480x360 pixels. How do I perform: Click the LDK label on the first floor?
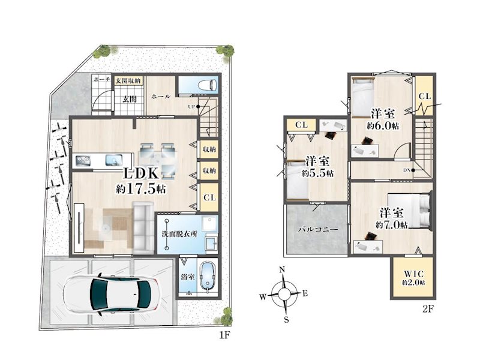click(x=141, y=173)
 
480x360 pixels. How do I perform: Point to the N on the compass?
click(x=282, y=269)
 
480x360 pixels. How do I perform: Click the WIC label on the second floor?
click(x=413, y=274)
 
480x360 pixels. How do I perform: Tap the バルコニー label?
click(x=318, y=230)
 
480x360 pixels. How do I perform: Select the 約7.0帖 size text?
click(x=392, y=226)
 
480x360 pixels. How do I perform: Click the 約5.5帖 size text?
click(x=317, y=173)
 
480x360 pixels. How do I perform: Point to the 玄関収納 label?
click(x=128, y=80)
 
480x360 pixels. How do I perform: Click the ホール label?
click(x=161, y=97)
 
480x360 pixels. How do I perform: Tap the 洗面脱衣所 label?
click(x=179, y=234)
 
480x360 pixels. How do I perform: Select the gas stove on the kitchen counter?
click(x=83, y=160)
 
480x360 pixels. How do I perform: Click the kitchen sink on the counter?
click(x=114, y=160)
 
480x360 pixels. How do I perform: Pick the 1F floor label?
click(x=224, y=335)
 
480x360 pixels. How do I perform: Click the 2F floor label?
click(x=428, y=309)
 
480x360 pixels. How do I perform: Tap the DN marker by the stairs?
click(x=407, y=170)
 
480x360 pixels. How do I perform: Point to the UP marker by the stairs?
click(x=191, y=107)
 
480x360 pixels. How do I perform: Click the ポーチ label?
click(x=101, y=80)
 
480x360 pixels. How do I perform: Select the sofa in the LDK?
click(x=143, y=226)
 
